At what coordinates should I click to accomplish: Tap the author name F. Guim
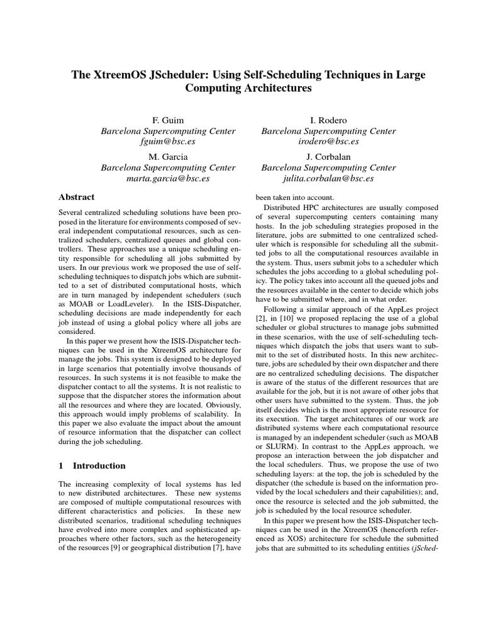point(168,119)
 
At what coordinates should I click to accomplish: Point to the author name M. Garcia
point(168,156)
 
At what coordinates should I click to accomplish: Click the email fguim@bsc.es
point(168,143)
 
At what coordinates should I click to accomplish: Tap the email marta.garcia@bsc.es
point(168,179)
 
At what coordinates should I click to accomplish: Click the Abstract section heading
point(76,197)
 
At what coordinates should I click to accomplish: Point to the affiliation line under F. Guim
point(168,131)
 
